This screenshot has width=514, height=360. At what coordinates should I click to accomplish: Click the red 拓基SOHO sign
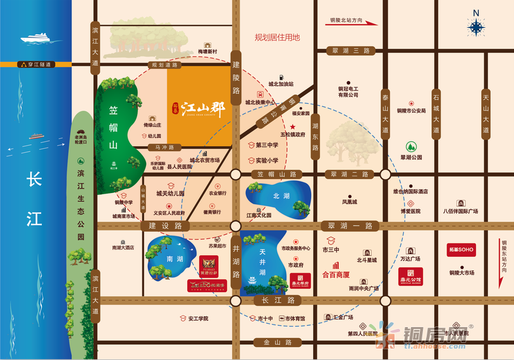pos(461,250)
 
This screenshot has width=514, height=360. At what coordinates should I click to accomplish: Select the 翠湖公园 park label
pos(411,157)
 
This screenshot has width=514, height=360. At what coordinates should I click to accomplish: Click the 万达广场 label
pos(410,259)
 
